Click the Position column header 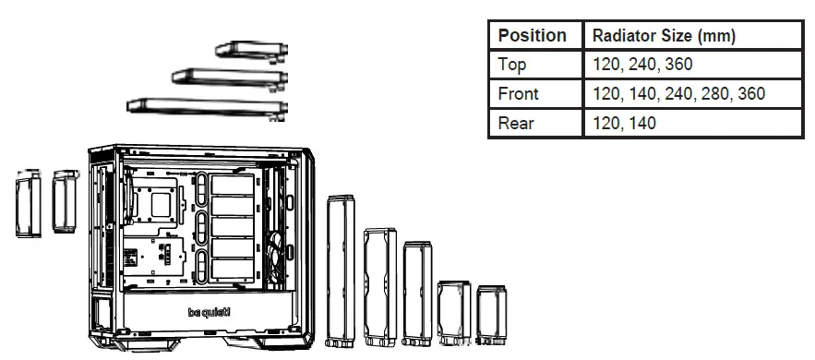click(533, 36)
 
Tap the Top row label click(512, 65)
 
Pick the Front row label click(518, 93)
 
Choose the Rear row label click(514, 123)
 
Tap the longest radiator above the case click(203, 107)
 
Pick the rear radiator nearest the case click(66, 200)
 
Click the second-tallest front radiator click(378, 287)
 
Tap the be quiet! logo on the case click(210, 312)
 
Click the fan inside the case click(274, 248)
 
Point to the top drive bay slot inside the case click(232, 185)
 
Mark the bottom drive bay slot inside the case click(232, 270)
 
